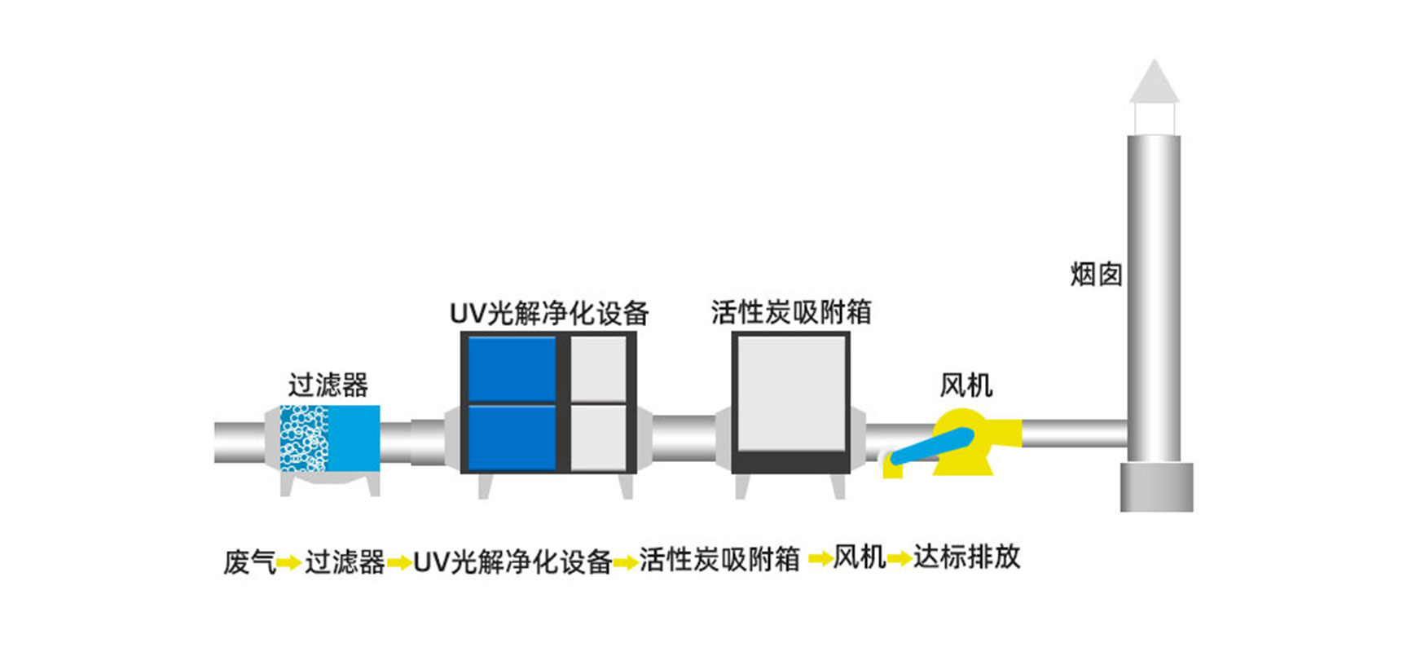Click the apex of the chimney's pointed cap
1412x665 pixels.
[1154, 59]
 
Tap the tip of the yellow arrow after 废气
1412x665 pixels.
[301, 562]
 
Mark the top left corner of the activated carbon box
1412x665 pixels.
[732, 332]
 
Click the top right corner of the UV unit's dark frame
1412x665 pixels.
[636, 332]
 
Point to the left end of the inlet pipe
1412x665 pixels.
[215, 443]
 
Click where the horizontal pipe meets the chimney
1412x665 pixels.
[1128, 434]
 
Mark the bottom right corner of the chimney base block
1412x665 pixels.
[1193, 511]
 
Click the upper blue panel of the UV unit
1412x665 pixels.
[512, 369]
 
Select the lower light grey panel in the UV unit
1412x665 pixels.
[598, 438]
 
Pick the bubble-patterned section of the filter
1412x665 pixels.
[304, 438]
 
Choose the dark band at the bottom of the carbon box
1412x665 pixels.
[791, 462]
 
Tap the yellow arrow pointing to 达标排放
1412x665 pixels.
[900, 559]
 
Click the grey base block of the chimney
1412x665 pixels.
[1157, 487]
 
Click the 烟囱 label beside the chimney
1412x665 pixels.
[1097, 275]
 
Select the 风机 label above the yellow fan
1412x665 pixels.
[966, 385]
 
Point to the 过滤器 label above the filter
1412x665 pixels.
[328, 385]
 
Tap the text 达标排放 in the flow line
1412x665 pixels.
[967, 557]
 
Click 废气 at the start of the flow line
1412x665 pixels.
[250, 562]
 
